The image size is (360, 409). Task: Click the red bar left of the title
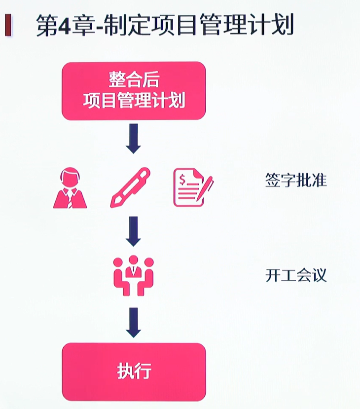(x=8, y=25)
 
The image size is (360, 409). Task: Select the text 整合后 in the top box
(x=134, y=79)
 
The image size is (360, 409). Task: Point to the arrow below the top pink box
(x=133, y=139)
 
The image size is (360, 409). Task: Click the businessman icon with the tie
(x=70, y=188)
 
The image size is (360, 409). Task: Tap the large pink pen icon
(x=130, y=187)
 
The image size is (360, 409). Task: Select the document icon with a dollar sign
(x=193, y=187)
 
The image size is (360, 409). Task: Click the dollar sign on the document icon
(x=182, y=180)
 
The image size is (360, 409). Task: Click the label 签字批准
(x=296, y=180)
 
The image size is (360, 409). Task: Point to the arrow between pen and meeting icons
(x=133, y=231)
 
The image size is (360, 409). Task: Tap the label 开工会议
(x=296, y=275)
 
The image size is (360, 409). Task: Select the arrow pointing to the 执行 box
(x=133, y=322)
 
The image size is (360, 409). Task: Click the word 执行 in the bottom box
(x=134, y=371)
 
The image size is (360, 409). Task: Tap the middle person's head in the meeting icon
(x=134, y=260)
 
